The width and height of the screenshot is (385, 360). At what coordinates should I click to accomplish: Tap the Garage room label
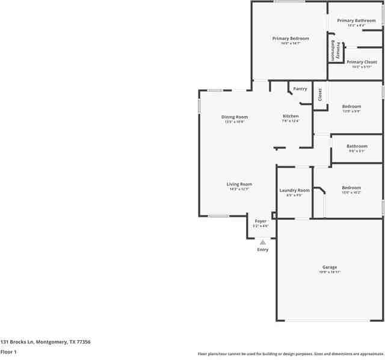(x=330, y=267)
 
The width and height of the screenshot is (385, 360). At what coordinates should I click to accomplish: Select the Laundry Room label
(x=295, y=190)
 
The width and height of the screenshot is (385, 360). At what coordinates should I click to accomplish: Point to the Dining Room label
(x=235, y=117)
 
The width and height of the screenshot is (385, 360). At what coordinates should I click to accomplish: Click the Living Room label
(x=239, y=184)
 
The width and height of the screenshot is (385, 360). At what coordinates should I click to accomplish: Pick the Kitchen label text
(x=291, y=116)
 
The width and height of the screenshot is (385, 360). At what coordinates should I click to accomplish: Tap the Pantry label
(x=300, y=89)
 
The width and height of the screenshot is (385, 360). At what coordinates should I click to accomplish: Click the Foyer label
(x=260, y=221)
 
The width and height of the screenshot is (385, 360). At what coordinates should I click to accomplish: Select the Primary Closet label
(x=362, y=62)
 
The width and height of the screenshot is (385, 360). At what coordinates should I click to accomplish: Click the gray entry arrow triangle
(x=263, y=242)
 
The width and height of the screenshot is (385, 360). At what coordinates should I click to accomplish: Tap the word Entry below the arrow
(x=263, y=249)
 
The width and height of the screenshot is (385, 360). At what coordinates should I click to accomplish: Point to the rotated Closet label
(x=320, y=95)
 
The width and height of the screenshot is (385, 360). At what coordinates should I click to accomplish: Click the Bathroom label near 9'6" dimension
(x=357, y=146)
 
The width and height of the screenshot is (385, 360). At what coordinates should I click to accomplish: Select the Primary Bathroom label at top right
(x=356, y=20)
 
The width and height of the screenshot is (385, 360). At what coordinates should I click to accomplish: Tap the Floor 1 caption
(x=8, y=351)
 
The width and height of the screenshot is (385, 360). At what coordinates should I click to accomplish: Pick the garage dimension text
(x=330, y=272)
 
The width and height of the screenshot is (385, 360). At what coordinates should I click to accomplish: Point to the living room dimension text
(x=239, y=189)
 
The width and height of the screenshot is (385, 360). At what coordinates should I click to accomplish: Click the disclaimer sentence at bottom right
(x=291, y=353)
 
